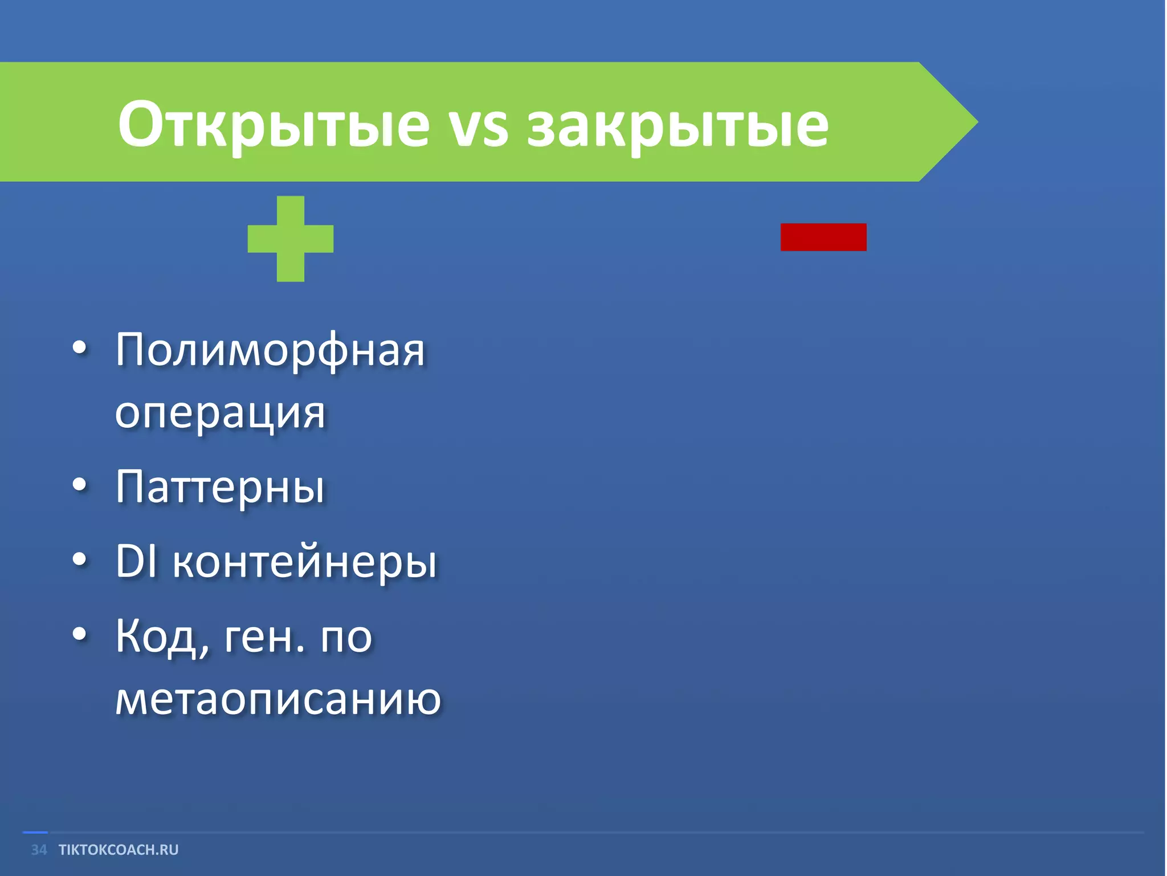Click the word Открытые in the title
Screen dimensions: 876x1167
pos(274,124)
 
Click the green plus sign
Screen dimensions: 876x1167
pos(291,238)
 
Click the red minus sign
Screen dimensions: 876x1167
pos(823,237)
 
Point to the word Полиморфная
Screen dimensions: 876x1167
pos(270,351)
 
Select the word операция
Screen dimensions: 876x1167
pos(220,412)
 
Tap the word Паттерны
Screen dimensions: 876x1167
pos(220,488)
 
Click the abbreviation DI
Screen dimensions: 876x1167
pos(136,561)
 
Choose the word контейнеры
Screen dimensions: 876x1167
pos(305,562)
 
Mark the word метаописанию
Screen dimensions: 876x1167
pos(278,699)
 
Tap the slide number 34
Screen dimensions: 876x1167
pos(39,850)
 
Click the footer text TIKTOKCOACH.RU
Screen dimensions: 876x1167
pos(119,850)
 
